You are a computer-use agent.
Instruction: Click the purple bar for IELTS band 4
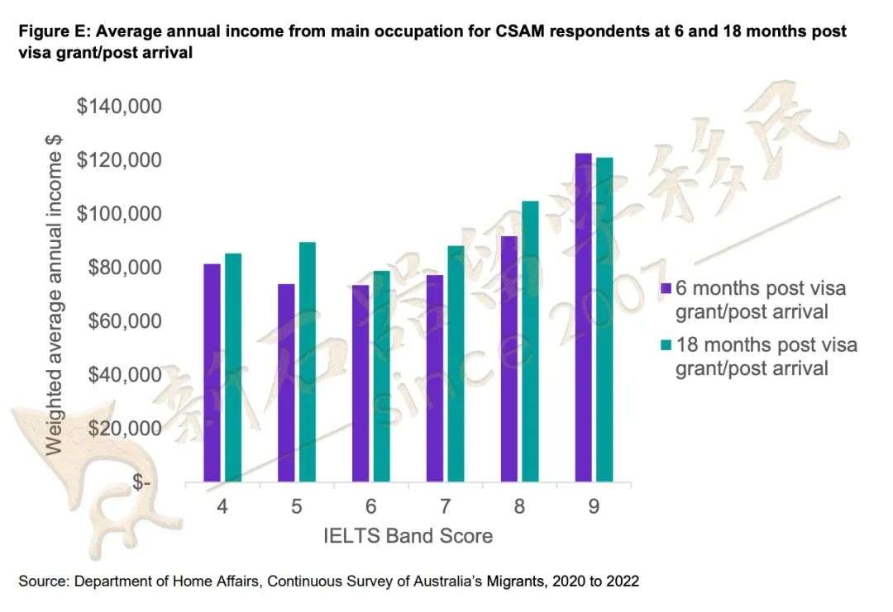[213, 372]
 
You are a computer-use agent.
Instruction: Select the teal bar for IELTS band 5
[307, 361]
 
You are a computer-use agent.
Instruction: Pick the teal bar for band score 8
[530, 340]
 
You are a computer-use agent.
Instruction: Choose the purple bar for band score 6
[361, 382]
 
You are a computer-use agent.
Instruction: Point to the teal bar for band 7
[456, 363]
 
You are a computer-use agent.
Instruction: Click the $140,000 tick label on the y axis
[119, 107]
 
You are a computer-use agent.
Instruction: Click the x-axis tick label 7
[445, 506]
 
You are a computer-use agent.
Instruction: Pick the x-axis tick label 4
[222, 506]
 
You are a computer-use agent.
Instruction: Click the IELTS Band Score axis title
[408, 536]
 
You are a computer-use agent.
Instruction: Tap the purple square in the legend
[665, 288]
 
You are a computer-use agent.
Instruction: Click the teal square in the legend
[665, 344]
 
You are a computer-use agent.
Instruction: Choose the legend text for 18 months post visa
[766, 356]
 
